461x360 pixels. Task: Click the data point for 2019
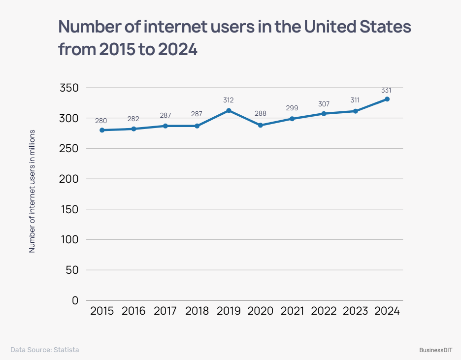pos(229,110)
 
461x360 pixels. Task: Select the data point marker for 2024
pos(387,99)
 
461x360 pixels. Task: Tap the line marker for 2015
pos(102,130)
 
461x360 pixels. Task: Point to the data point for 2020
pos(261,125)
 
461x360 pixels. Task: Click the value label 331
pos(386,90)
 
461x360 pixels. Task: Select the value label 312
pos(228,100)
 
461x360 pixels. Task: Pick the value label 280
pos(101,120)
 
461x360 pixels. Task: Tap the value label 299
pos(292,108)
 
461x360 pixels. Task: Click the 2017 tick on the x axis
pos(165,311)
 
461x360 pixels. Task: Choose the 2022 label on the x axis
pos(324,311)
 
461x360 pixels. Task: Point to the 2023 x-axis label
pos(355,311)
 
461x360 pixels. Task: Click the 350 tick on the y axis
pos(69,88)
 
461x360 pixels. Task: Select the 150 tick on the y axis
pos(69,209)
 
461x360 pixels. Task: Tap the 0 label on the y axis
pos(75,300)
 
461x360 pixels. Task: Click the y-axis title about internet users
pos(32,191)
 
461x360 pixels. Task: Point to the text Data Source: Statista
pos(44,350)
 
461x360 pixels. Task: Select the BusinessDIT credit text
pos(436,350)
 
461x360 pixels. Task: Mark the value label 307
pos(324,104)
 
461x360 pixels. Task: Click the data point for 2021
pos(292,119)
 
